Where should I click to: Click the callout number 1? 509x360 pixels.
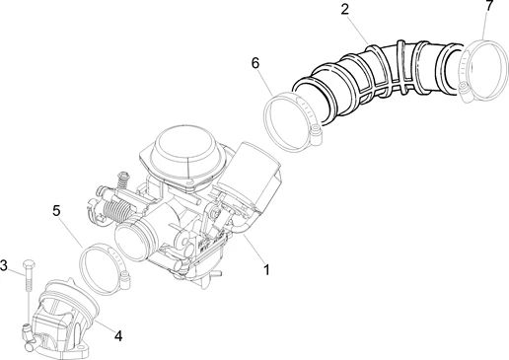[x=264, y=267]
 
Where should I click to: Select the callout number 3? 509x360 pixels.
[x=5, y=265]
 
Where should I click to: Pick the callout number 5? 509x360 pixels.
[x=57, y=211]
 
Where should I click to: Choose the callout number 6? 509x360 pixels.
[x=254, y=63]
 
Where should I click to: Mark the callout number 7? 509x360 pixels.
[x=489, y=8]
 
